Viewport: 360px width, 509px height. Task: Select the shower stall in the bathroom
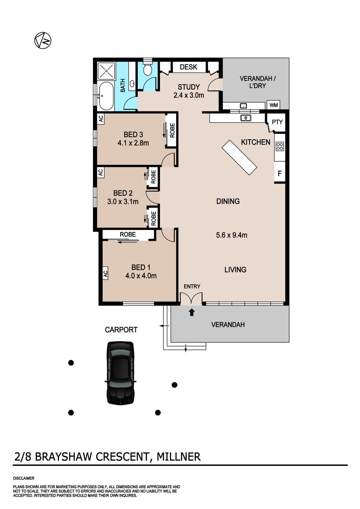(x=107, y=71)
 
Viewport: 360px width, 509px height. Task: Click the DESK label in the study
(x=188, y=67)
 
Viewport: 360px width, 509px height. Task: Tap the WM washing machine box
(x=274, y=105)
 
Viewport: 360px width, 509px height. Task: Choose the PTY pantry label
(x=277, y=122)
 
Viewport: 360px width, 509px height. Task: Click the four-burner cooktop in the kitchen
(x=279, y=146)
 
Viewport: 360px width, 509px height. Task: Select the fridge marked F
(x=279, y=174)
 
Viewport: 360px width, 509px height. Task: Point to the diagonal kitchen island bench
(x=239, y=157)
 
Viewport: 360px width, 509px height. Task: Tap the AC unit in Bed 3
(x=101, y=119)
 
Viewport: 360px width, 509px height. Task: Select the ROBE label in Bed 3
(x=172, y=130)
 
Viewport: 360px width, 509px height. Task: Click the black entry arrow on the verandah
(x=192, y=312)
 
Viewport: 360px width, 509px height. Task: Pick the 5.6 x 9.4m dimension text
(x=232, y=235)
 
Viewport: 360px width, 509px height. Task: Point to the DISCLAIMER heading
(x=24, y=478)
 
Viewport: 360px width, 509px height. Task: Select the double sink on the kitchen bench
(x=245, y=118)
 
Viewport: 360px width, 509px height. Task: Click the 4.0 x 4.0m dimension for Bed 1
(x=141, y=276)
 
